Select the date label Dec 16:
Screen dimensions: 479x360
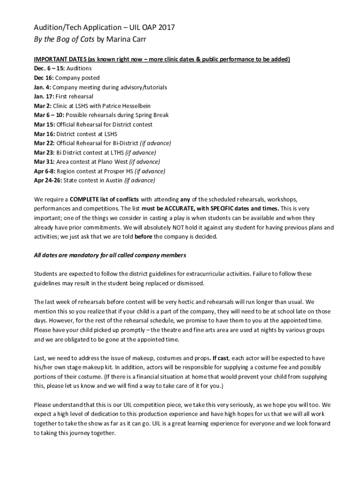click(x=45, y=78)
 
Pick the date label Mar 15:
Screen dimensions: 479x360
click(x=44, y=124)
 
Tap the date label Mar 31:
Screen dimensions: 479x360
click(x=44, y=162)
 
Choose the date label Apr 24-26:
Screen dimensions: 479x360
click(x=49, y=181)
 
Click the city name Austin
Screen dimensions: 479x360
click(x=114, y=181)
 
